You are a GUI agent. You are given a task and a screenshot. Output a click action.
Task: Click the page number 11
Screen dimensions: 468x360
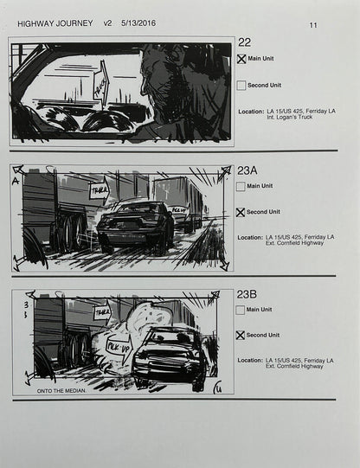[313, 25]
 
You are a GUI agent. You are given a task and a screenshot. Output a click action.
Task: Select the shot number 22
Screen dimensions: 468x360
[244, 42]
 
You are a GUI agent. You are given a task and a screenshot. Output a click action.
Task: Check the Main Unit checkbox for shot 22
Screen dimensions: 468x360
[241, 60]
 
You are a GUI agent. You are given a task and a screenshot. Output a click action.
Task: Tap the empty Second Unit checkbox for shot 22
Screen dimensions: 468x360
[241, 86]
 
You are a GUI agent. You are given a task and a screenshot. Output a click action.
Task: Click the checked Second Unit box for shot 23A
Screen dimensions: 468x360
[241, 212]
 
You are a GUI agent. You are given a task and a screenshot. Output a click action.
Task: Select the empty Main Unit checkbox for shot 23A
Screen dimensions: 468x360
[241, 186]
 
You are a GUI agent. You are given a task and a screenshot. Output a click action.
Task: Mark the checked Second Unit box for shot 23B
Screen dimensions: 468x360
[241, 335]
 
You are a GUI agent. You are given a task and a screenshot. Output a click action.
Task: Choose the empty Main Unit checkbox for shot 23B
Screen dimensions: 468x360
[241, 309]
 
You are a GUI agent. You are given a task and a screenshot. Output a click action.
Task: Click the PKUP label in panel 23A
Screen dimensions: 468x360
[179, 209]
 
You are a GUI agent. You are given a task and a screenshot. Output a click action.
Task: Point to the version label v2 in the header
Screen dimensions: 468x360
[107, 23]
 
